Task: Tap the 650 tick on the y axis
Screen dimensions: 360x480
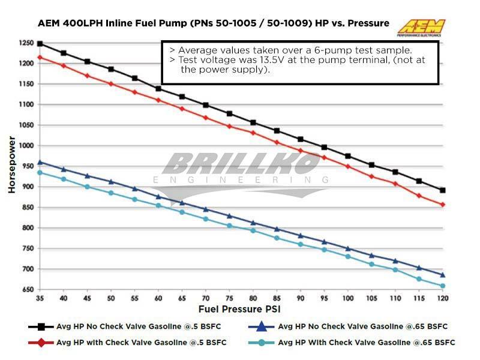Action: click(x=27, y=290)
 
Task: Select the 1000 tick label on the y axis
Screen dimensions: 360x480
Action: click(x=25, y=146)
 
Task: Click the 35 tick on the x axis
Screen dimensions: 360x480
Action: click(x=40, y=298)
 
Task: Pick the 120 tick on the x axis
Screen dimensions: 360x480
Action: click(x=442, y=298)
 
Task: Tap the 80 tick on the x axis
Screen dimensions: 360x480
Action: click(x=253, y=298)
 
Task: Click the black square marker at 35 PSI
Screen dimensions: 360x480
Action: click(x=40, y=44)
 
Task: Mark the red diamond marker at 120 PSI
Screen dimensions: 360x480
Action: click(x=442, y=205)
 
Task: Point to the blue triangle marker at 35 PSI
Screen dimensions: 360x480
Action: click(x=40, y=162)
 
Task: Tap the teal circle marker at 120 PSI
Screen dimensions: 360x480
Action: click(x=442, y=286)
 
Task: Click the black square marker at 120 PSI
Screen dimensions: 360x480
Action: click(x=442, y=190)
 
